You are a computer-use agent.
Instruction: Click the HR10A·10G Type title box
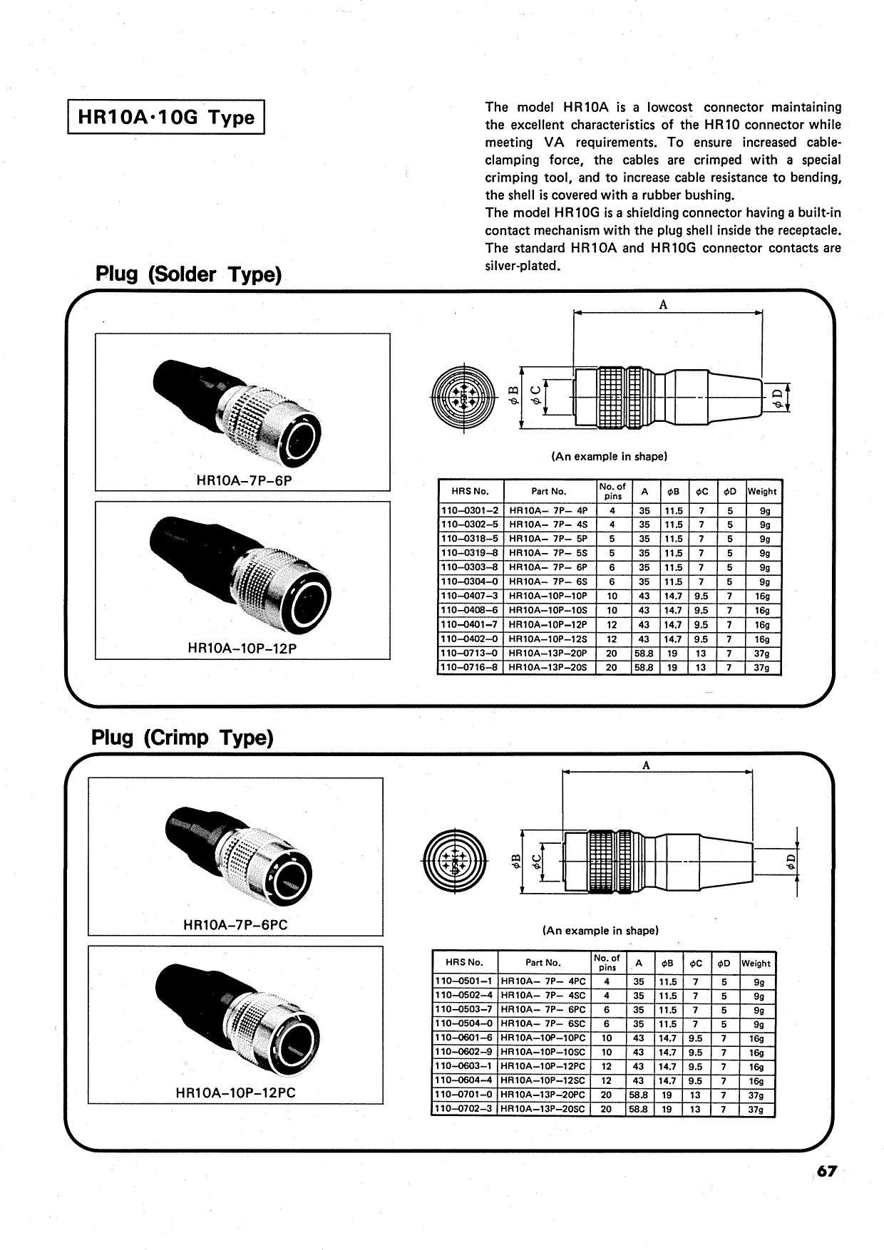coord(166,118)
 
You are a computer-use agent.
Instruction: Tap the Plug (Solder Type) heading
coord(189,274)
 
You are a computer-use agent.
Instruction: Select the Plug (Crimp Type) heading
coord(183,738)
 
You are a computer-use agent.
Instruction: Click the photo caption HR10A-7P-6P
coord(244,480)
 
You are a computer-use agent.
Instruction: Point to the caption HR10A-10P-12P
coord(242,649)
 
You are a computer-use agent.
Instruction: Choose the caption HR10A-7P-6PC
coord(235,925)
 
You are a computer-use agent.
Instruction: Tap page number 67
coord(827,1172)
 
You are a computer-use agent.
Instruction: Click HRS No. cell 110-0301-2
coord(470,511)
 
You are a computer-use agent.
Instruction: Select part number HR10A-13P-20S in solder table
coord(548,668)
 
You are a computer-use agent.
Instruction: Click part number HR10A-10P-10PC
coord(543,1038)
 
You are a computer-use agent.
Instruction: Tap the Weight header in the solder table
coord(762,491)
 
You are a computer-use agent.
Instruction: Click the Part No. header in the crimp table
coord(543,963)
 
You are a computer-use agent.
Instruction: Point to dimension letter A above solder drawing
coord(663,305)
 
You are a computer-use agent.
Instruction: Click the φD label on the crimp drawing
coord(790,863)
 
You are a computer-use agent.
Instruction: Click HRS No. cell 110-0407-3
coord(470,596)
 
